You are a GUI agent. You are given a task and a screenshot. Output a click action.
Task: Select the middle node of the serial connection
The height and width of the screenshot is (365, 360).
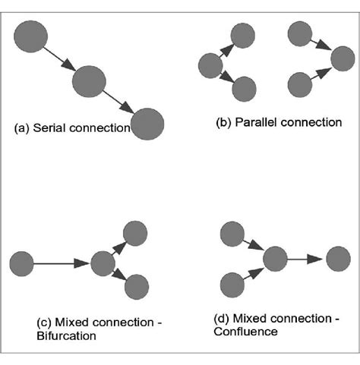pyautogui.click(x=89, y=79)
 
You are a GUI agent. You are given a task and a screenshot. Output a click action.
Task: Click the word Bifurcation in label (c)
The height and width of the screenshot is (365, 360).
pyautogui.click(x=66, y=336)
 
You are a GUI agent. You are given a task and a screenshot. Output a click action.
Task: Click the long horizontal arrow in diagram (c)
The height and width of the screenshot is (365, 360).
pyautogui.click(x=61, y=264)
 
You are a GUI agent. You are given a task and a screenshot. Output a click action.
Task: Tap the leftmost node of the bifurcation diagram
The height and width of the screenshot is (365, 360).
pyautogui.click(x=21, y=264)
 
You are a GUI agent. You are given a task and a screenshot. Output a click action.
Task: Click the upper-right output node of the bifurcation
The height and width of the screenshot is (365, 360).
pyautogui.click(x=135, y=232)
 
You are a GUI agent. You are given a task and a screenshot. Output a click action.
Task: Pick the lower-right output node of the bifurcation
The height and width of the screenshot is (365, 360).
pyautogui.click(x=135, y=286)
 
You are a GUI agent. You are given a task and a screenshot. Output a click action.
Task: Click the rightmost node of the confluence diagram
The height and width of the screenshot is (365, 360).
pyautogui.click(x=338, y=259)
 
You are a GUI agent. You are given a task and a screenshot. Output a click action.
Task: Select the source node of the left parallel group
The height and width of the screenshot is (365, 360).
pyautogui.click(x=209, y=66)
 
